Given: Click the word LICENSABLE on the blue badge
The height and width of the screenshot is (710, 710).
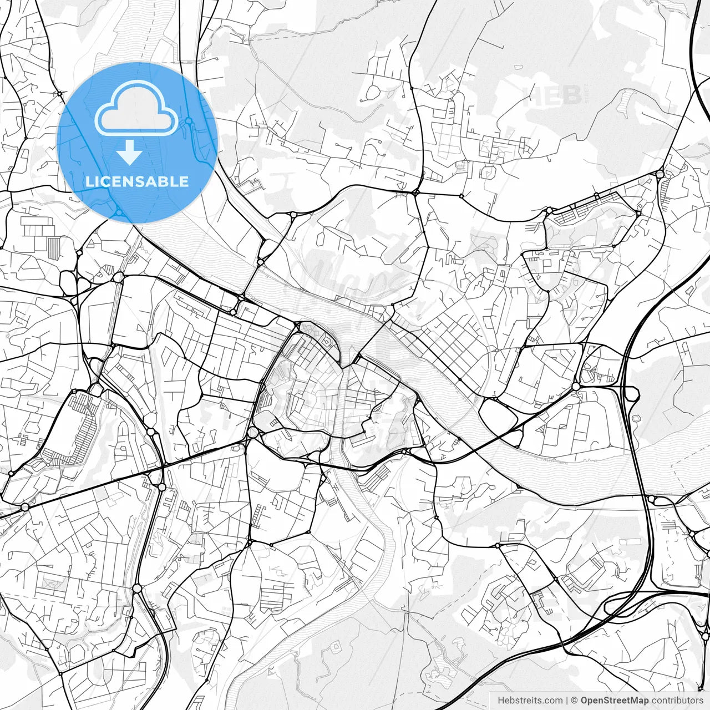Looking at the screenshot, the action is click(x=137, y=181).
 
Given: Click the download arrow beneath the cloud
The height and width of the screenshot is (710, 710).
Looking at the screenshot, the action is click(x=130, y=153).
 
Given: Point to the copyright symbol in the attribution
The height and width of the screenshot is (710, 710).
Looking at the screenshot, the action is click(x=575, y=701).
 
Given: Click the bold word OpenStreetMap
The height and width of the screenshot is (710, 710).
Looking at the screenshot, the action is click(x=615, y=701).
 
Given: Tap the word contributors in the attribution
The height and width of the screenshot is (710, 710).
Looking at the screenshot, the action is click(x=677, y=701).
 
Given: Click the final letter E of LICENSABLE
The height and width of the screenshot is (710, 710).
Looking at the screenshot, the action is click(x=184, y=181).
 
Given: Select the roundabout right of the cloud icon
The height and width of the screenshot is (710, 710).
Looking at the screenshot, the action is click(x=189, y=120).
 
